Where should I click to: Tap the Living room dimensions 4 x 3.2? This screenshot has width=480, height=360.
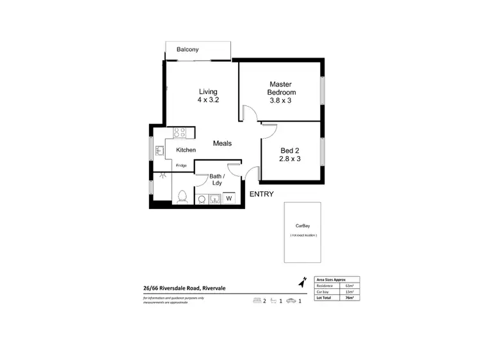pyautogui.click(x=208, y=100)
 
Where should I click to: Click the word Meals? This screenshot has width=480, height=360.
pyautogui.click(x=222, y=144)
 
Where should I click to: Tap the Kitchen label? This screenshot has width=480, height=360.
pyautogui.click(x=186, y=150)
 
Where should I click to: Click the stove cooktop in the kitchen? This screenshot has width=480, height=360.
pyautogui.click(x=179, y=133)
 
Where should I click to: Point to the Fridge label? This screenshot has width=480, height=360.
pyautogui.click(x=182, y=166)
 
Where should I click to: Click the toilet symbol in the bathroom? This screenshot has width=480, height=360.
pyautogui.click(x=182, y=196)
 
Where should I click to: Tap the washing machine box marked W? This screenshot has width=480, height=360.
pyautogui.click(x=228, y=198)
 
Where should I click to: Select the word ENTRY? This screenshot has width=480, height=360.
pyautogui.click(x=261, y=194)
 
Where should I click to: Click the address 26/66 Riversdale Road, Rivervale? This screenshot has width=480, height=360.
pyautogui.click(x=183, y=288)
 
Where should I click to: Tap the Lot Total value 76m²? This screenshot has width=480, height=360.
pyautogui.click(x=349, y=297)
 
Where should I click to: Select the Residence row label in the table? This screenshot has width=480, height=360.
pyautogui.click(x=324, y=286)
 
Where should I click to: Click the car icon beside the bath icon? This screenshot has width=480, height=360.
pyautogui.click(x=291, y=301)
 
